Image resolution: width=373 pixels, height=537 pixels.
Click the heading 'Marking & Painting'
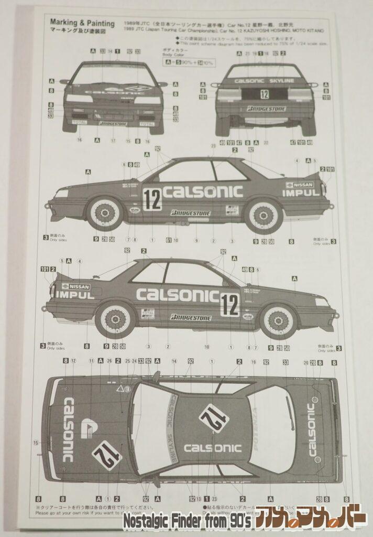click(82, 23)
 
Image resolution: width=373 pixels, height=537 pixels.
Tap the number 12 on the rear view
click(264, 94)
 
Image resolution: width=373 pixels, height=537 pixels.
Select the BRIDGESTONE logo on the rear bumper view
click(266, 109)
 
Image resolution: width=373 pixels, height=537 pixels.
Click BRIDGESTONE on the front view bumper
click(113, 124)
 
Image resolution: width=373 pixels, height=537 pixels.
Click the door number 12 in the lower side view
click(229, 304)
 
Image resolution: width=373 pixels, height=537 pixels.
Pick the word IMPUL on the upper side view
click(300, 193)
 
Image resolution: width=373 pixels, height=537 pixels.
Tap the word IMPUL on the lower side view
click(74, 295)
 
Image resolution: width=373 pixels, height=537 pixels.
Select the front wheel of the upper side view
click(105, 213)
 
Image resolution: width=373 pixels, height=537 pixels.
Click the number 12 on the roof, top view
click(214, 418)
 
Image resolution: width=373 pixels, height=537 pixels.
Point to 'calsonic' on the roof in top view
click(212, 448)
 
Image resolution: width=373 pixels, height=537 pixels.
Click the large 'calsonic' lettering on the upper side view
click(202, 191)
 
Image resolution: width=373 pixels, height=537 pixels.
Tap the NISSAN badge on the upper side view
click(300, 185)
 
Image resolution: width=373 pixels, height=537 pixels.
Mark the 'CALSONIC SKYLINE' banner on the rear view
click(264, 81)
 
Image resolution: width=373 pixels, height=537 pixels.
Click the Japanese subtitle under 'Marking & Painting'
click(82, 31)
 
